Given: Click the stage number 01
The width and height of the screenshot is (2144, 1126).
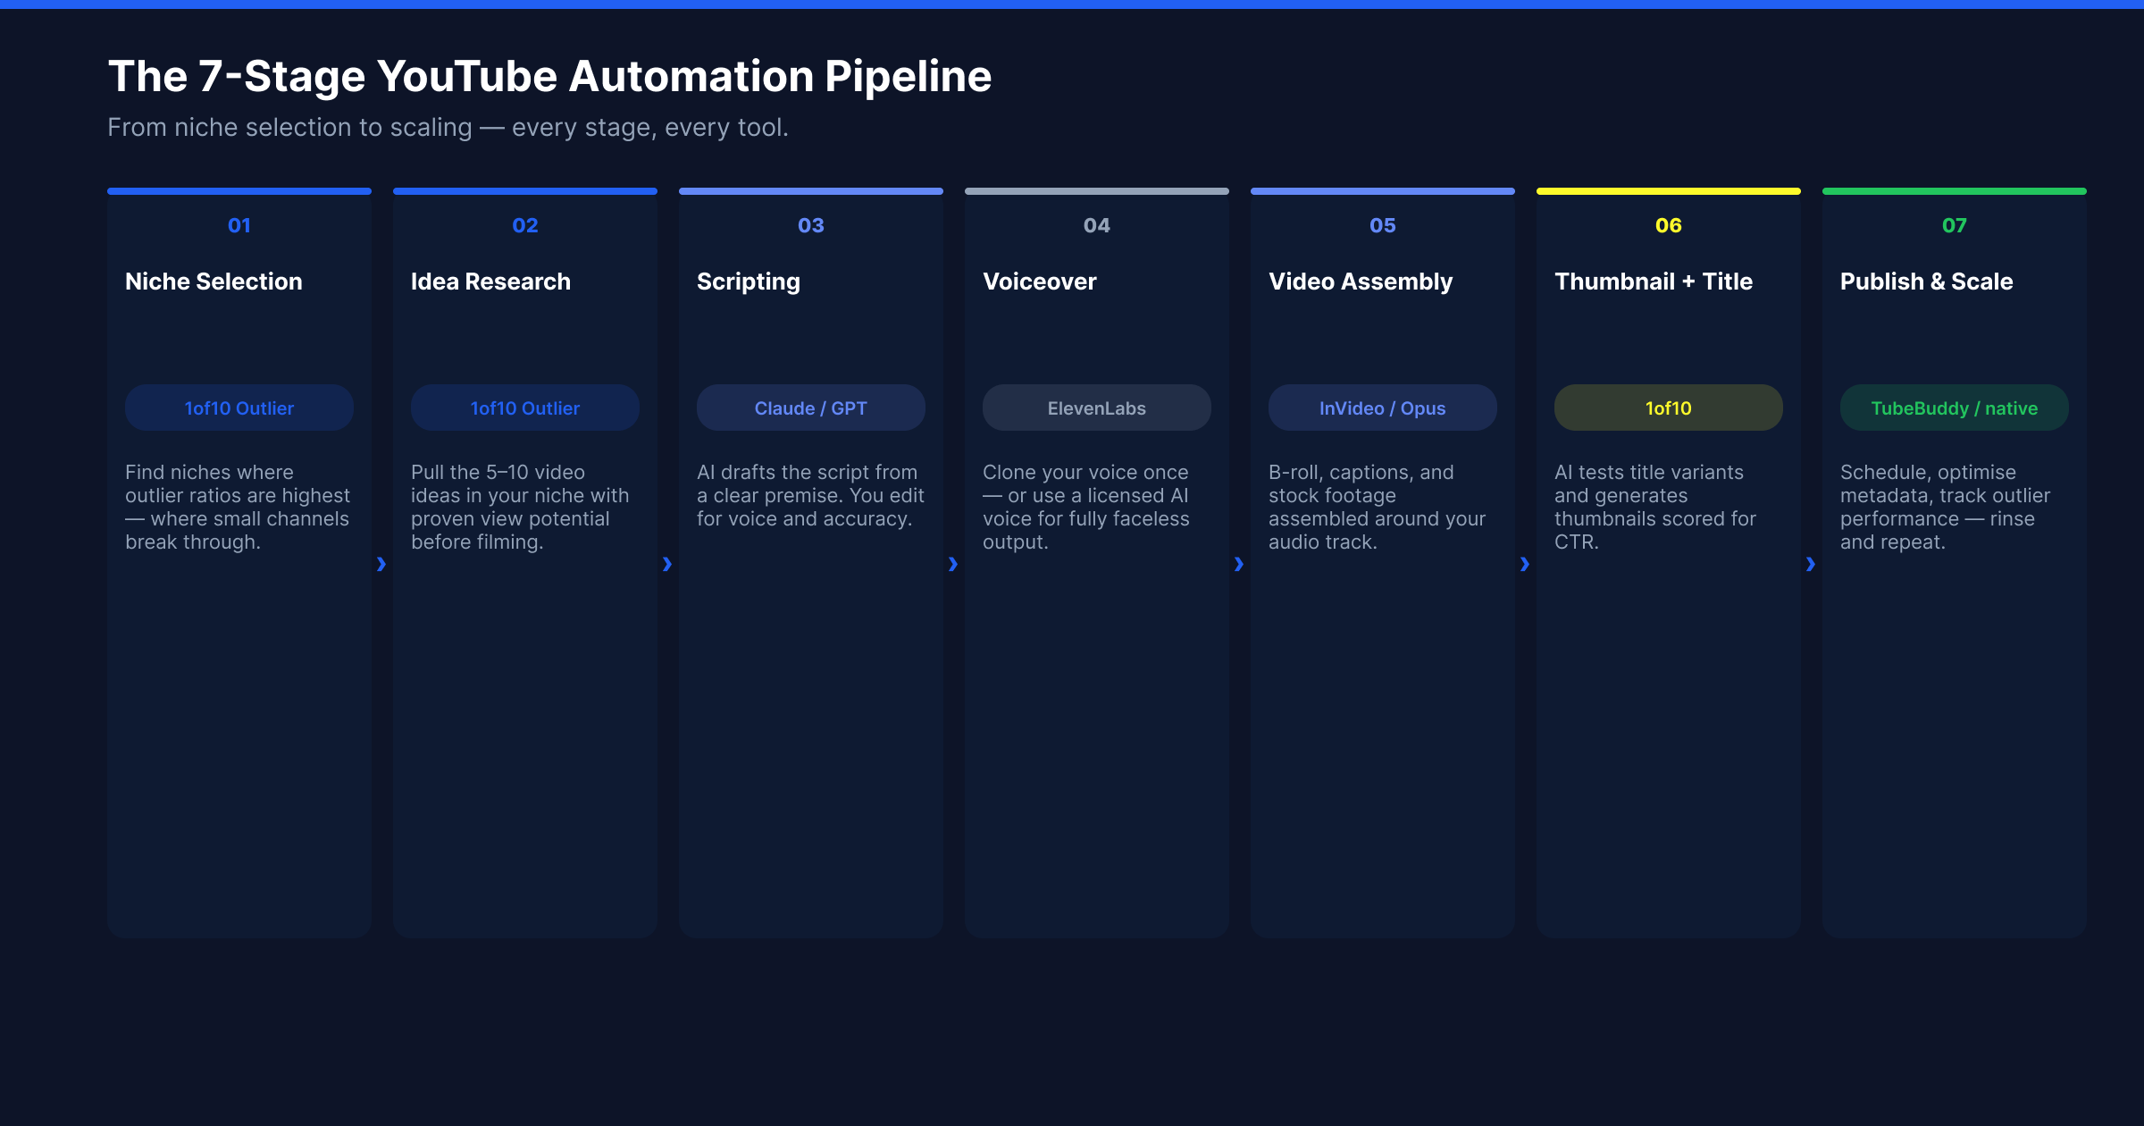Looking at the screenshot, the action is (x=239, y=225).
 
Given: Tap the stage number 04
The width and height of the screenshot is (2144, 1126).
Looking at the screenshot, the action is (x=1097, y=225).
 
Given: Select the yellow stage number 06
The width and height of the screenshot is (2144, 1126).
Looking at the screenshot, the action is (x=1669, y=225).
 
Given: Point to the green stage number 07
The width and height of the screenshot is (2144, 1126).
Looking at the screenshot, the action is (x=1955, y=225).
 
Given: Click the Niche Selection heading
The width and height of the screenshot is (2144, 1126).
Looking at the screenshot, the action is (x=214, y=281).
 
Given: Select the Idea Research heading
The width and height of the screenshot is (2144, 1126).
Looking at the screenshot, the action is (x=490, y=281).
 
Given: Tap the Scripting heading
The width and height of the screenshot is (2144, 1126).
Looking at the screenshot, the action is (x=749, y=282).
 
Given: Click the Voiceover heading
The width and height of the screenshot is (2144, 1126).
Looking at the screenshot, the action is (x=1040, y=281).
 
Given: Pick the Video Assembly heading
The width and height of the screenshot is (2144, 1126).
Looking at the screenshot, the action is (x=1361, y=282).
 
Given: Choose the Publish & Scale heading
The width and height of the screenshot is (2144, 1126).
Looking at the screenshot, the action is (x=1927, y=281).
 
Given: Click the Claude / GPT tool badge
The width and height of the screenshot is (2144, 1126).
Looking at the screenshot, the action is (x=811, y=408).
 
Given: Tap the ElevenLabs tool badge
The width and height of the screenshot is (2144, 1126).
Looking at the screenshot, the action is (x=1097, y=408).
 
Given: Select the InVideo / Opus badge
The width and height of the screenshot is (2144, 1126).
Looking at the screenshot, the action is (x=1383, y=408).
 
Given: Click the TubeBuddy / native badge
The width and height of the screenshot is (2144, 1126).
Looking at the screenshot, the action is (x=1955, y=408).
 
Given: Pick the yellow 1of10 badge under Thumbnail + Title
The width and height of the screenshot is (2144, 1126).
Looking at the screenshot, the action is (x=1669, y=408).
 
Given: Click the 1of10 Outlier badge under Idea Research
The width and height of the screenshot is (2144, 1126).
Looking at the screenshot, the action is (x=525, y=408).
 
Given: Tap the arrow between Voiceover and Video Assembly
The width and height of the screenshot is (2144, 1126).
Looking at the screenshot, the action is (x=1239, y=564).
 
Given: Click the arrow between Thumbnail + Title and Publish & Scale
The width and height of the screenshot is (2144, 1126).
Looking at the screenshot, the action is (x=1811, y=564).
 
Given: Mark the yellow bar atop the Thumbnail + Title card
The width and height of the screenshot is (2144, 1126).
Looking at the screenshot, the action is (x=1669, y=191).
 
